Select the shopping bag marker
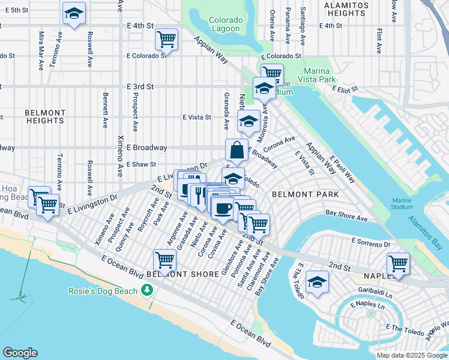click(x=237, y=150)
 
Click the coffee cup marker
click(x=222, y=208)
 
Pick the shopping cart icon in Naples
click(x=398, y=263)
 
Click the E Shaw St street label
click(x=141, y=164)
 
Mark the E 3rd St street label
click(x=140, y=86)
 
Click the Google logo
click(x=20, y=353)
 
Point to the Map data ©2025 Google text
click(x=411, y=355)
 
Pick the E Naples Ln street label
click(x=369, y=305)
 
